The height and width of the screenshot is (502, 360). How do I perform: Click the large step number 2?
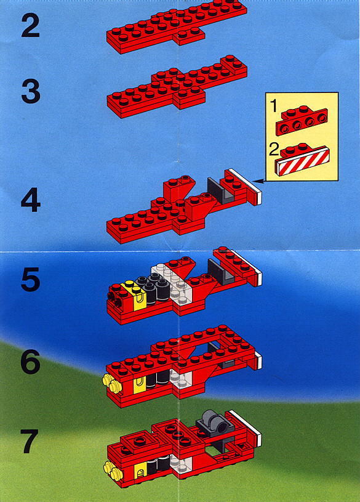30,26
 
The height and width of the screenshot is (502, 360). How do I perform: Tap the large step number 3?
31,91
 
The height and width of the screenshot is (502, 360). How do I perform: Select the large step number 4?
31,200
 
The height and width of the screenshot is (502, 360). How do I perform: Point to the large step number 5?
30,280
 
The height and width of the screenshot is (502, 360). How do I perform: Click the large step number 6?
30,362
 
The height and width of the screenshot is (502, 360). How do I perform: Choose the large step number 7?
30,441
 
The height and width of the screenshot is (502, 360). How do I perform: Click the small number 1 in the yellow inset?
274,106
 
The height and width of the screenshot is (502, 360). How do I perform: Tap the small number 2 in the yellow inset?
274,150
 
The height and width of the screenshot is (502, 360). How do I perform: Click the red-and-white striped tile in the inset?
303,161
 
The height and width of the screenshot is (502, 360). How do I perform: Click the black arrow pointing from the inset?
258,181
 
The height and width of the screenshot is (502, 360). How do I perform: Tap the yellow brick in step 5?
134,296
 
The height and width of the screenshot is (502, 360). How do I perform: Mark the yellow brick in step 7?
140,473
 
